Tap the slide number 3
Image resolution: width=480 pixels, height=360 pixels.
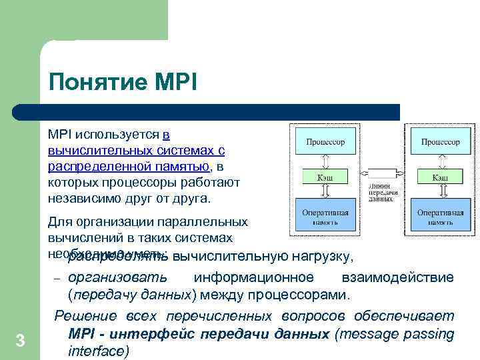(20, 341)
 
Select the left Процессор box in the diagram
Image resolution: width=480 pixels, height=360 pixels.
(325, 142)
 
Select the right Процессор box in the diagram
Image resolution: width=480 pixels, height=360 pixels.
(440, 142)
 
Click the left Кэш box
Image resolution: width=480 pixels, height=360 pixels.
(325, 177)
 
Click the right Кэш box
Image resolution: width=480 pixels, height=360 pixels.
(440, 177)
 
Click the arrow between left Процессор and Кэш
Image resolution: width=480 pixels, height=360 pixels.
(325, 160)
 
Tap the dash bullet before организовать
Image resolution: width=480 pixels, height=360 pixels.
(57, 279)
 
